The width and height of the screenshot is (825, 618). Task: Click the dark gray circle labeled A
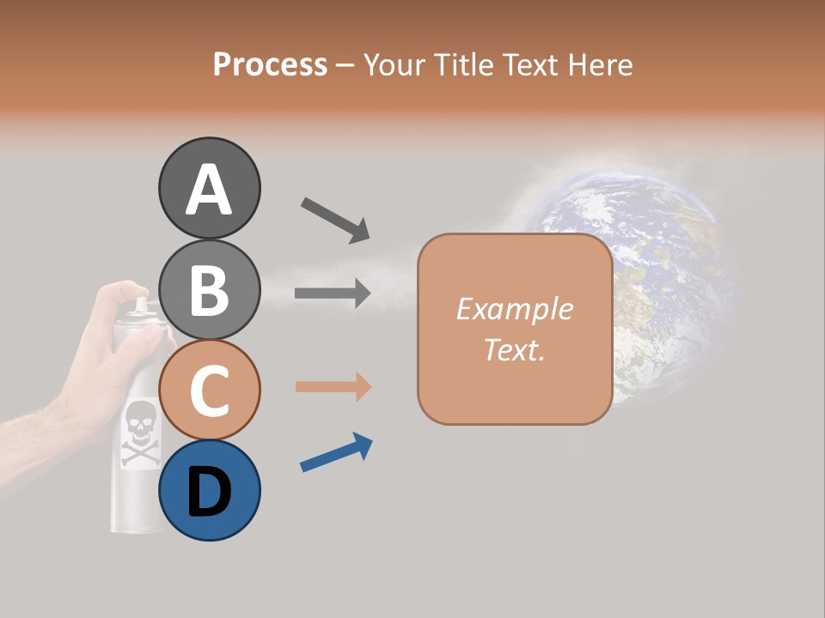click(x=209, y=188)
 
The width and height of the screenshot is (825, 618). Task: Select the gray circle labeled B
click(x=209, y=289)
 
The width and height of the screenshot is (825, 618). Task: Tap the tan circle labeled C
click(x=209, y=390)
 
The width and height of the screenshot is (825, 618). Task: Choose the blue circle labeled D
click(x=209, y=490)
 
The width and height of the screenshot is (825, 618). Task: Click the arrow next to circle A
click(x=335, y=219)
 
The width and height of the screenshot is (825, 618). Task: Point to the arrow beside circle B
click(x=333, y=294)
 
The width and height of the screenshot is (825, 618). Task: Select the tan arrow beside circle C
click(x=333, y=386)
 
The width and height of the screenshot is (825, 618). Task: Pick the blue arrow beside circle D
click(x=336, y=453)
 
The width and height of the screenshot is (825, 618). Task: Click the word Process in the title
click(x=270, y=64)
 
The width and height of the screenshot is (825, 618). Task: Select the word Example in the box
click(x=514, y=309)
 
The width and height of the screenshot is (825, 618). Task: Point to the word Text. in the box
click(x=514, y=349)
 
